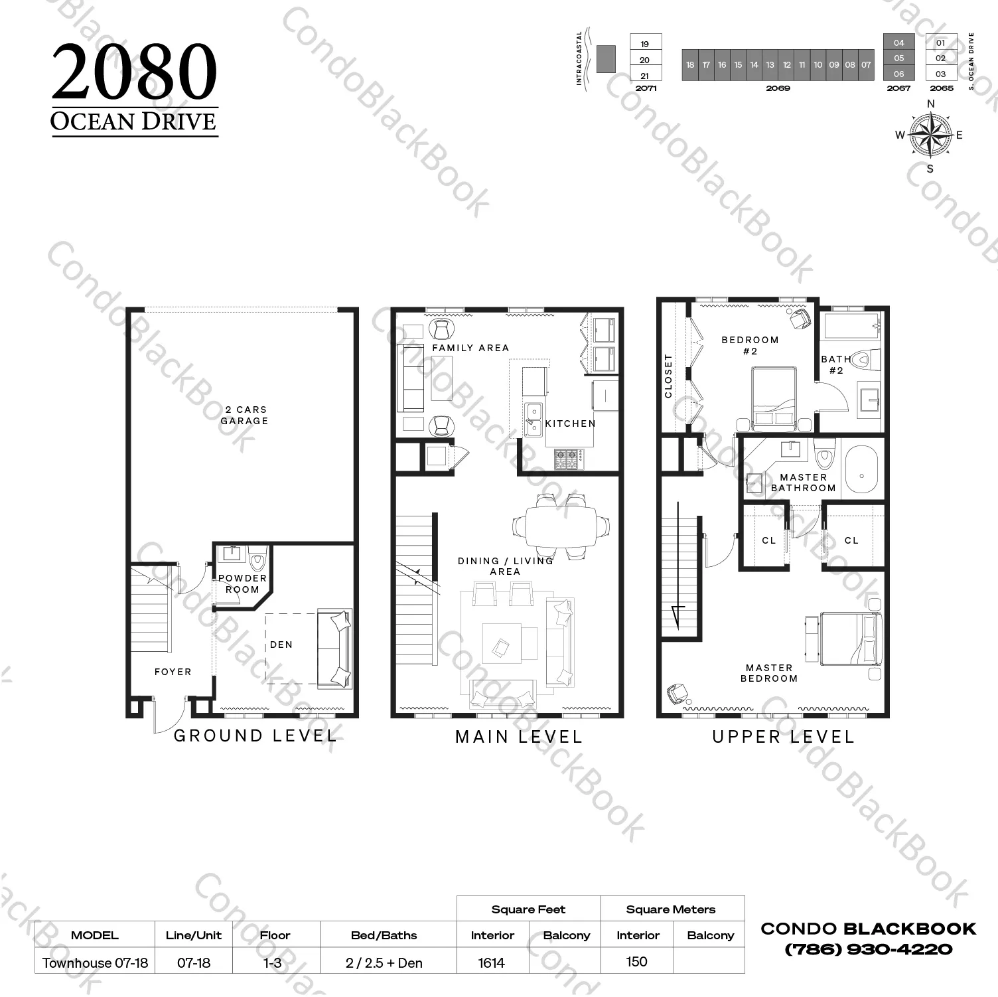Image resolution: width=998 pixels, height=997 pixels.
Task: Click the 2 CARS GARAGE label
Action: pyautogui.click(x=244, y=416)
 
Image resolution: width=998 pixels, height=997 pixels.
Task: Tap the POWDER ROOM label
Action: pyautogui.click(x=242, y=583)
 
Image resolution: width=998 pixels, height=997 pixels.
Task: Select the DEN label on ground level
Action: pyautogui.click(x=281, y=645)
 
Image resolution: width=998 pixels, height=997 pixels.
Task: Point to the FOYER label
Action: pyautogui.click(x=173, y=672)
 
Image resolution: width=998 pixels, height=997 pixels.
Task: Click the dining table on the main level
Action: pyautogui.click(x=561, y=526)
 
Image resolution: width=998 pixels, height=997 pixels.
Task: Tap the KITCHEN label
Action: pyautogui.click(x=571, y=423)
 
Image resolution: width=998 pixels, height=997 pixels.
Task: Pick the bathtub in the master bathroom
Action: pyautogui.click(x=861, y=475)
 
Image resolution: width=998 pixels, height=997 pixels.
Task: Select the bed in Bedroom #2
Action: pyautogui.click(x=774, y=396)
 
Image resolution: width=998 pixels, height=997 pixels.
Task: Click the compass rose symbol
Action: pyautogui.click(x=930, y=135)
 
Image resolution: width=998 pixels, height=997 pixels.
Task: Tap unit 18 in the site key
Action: pyautogui.click(x=690, y=65)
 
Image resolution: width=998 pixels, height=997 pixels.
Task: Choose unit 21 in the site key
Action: pyautogui.click(x=645, y=76)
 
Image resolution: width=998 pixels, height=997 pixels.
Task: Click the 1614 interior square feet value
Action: pyautogui.click(x=492, y=963)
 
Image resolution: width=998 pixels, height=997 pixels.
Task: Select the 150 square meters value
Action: pyautogui.click(x=636, y=962)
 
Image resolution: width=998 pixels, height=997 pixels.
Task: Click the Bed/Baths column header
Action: pyautogui.click(x=384, y=935)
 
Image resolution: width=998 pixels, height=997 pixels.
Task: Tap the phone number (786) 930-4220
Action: pyautogui.click(x=869, y=950)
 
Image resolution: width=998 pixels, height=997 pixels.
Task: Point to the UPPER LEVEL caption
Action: pyautogui.click(x=784, y=737)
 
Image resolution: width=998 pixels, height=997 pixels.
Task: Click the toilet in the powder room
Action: pyautogui.click(x=257, y=560)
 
